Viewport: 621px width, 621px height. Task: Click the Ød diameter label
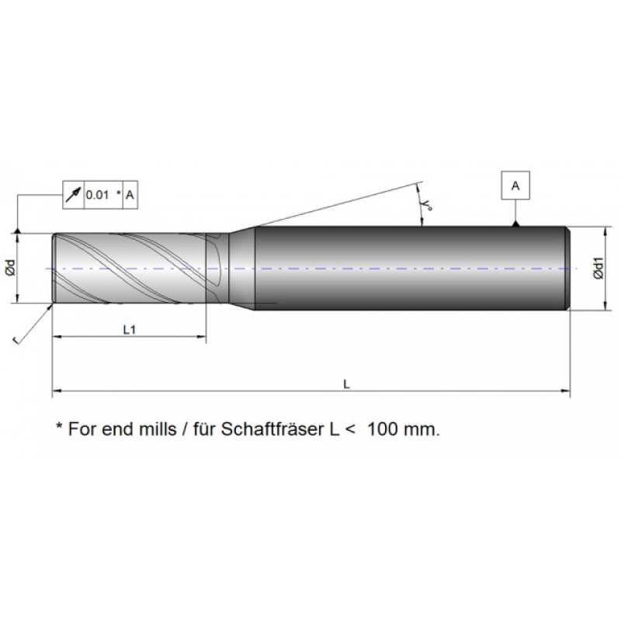[9, 268]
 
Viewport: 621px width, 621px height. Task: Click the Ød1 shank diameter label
[598, 269]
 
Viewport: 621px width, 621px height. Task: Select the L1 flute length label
[130, 330]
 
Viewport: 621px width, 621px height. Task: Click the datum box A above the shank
[515, 186]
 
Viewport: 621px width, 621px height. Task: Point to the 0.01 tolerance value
[97, 195]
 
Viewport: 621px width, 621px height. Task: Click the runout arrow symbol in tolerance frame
[73, 195]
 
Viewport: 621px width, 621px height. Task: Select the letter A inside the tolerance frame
[130, 195]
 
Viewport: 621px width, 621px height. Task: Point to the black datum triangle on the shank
[515, 224]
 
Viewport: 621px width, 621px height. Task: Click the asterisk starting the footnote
[58, 426]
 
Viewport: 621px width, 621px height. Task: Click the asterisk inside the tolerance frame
[118, 193]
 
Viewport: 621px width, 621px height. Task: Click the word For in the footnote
[81, 428]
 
